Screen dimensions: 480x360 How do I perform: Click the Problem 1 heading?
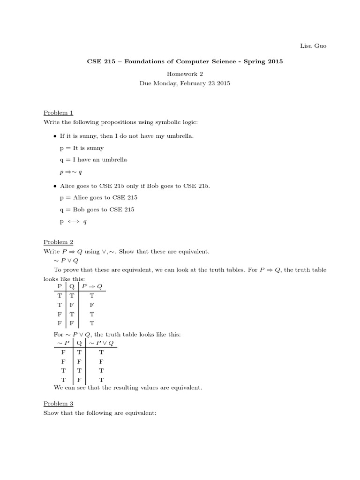click(58, 112)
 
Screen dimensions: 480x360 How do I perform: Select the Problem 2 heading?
click(58, 242)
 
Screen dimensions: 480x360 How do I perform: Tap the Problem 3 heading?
click(58, 403)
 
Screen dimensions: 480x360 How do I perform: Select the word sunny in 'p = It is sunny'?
click(94, 148)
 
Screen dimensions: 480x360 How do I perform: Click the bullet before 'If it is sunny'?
click(56, 136)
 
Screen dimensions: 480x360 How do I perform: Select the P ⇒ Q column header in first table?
click(92, 286)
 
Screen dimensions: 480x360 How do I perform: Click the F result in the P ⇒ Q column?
click(92, 304)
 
